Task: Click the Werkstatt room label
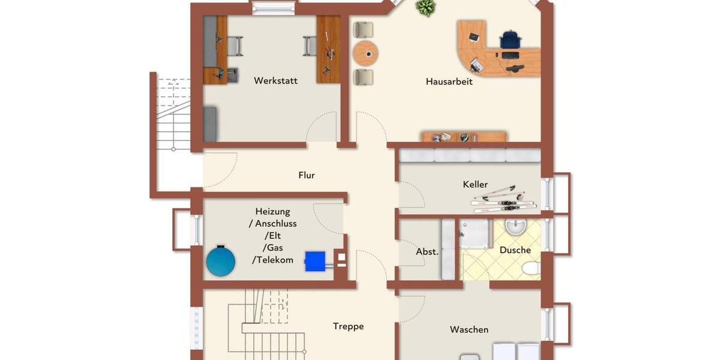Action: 275,80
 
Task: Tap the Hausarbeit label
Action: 449,82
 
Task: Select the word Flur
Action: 307,175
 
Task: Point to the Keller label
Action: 475,184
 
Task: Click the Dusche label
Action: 515,250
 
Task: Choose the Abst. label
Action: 427,252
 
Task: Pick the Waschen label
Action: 469,329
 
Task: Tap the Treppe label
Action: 349,326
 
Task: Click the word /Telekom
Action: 273,260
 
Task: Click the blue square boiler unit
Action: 315,261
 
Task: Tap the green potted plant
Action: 425,8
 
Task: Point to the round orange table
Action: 365,54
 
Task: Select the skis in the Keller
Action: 503,199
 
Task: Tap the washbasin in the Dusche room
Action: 515,227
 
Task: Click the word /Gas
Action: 273,248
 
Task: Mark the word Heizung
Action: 272,211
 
